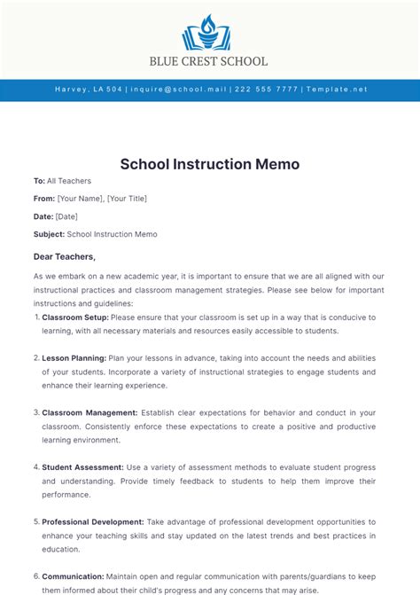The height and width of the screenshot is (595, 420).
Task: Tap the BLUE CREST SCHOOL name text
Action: (210, 62)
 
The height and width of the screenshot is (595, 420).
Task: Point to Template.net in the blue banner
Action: (336, 90)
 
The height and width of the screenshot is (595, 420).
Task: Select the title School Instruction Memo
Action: (210, 164)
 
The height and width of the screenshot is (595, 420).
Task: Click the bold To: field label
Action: (39, 181)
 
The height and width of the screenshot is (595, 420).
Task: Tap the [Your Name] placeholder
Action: (80, 199)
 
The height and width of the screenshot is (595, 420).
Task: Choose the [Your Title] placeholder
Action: (127, 199)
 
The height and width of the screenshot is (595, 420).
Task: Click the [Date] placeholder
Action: (66, 216)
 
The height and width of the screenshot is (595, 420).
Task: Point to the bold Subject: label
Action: (49, 234)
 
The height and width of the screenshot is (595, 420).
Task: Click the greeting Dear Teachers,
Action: (64, 256)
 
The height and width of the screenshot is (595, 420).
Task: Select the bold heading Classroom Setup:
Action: (75, 317)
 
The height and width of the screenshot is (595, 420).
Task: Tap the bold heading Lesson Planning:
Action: (74, 358)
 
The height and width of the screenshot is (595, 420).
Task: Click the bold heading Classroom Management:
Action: (89, 412)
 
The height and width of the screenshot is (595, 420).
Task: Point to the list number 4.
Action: (35, 467)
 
